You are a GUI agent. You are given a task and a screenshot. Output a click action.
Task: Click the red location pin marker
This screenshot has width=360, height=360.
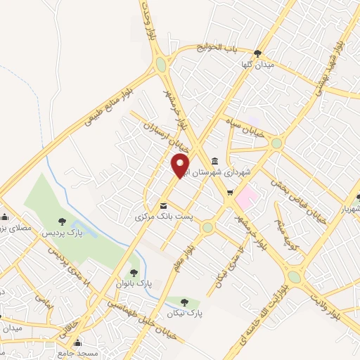pos(181,165)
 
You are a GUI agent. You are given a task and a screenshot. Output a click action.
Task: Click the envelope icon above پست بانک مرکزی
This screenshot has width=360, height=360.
pos(164,206)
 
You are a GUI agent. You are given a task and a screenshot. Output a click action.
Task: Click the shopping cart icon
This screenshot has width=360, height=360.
pos(230,193)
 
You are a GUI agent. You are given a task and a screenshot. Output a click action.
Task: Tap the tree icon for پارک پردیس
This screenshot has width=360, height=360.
pos(63,222)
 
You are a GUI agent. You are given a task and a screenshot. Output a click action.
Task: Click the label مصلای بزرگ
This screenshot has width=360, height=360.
pos(14,226)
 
